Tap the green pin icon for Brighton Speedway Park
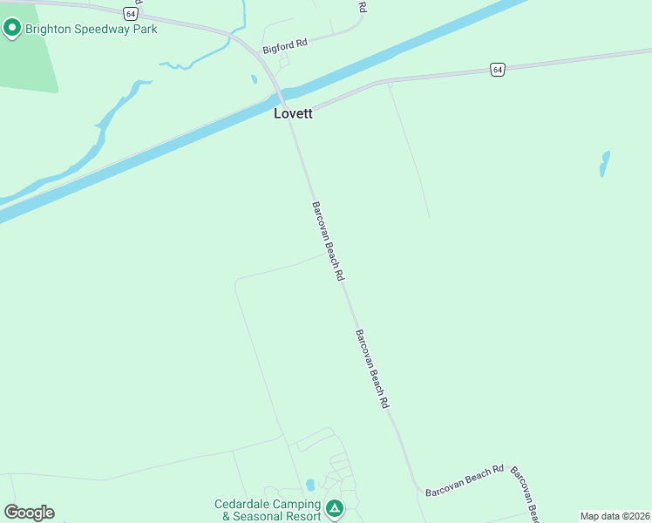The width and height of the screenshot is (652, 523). [x=12, y=29]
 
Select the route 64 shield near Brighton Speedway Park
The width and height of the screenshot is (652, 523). [x=130, y=13]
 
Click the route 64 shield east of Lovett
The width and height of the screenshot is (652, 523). [x=496, y=69]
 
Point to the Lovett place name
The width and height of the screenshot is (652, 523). [x=293, y=113]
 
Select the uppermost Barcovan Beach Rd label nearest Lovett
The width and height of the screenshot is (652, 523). [x=328, y=241]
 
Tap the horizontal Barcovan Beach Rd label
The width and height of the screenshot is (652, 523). [x=465, y=480]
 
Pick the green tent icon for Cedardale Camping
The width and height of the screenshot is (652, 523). [x=334, y=507]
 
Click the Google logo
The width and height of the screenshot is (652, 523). [x=29, y=513]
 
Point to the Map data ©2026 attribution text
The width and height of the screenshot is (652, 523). [x=614, y=516]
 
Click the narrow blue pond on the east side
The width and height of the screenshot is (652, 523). [x=603, y=163]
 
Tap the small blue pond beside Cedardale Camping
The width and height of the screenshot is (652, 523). [x=310, y=485]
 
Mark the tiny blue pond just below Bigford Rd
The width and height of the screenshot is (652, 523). [x=255, y=79]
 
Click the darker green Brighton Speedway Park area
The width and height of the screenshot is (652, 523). [x=26, y=65]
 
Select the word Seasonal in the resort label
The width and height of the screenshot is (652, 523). [x=261, y=516]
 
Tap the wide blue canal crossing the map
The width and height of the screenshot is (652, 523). [x=174, y=148]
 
